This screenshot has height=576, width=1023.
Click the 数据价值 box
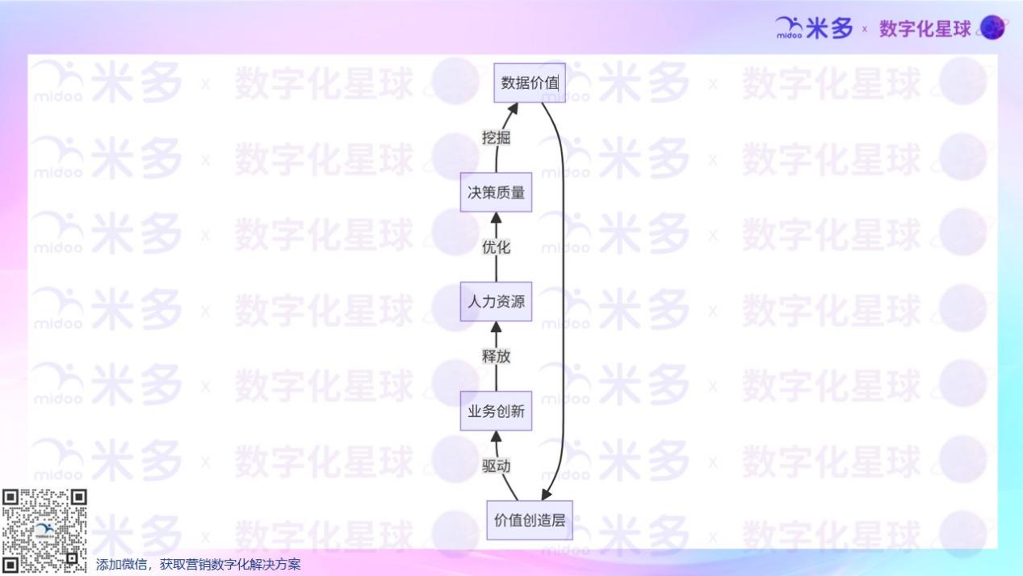(x=530, y=82)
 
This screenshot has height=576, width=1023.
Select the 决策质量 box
(x=496, y=192)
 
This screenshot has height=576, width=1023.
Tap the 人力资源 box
(x=496, y=301)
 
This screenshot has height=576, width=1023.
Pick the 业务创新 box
(x=496, y=411)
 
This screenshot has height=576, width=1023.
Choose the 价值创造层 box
(x=529, y=520)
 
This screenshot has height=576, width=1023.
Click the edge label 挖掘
(x=496, y=137)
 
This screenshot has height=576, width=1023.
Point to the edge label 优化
(x=496, y=247)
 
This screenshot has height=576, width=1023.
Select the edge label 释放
(x=496, y=356)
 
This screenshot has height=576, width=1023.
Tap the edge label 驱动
(x=496, y=466)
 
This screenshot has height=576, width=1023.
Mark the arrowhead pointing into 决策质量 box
(x=496, y=217)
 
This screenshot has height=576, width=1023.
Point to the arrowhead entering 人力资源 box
(x=496, y=327)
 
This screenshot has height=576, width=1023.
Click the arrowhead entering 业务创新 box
(x=496, y=436)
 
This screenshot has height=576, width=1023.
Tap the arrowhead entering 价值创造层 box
(x=547, y=494)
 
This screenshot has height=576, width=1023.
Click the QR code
(x=44, y=531)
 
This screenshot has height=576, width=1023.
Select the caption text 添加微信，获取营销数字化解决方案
(x=198, y=565)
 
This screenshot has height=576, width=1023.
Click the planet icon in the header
(x=992, y=28)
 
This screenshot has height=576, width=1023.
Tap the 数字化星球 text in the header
(x=924, y=29)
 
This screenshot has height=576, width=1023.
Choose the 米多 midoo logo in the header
(x=814, y=28)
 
